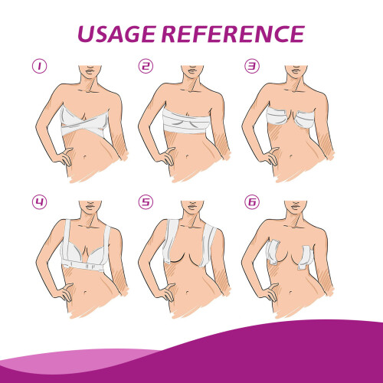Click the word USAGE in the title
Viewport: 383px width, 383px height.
116,34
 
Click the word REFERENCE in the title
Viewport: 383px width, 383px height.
233,34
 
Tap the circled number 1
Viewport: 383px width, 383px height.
40,66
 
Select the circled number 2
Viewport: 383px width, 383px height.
146,66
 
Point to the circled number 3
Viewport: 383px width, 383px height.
252,66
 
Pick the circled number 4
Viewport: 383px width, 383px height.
40,202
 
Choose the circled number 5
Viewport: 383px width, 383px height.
146,202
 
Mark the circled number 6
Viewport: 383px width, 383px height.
252,202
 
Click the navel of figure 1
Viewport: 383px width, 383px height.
85,156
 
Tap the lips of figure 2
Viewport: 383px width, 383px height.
192,70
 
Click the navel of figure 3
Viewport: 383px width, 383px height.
291,156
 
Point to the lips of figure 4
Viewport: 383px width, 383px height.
90,205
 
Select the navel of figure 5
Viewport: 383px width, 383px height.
188,292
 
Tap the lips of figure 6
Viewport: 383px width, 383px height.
296,205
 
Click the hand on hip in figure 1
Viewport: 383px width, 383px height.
64,156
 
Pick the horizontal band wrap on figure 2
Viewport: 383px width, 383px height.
186,121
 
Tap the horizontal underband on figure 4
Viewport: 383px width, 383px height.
83,267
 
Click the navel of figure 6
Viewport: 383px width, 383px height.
291,292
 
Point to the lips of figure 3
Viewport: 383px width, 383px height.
296,70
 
